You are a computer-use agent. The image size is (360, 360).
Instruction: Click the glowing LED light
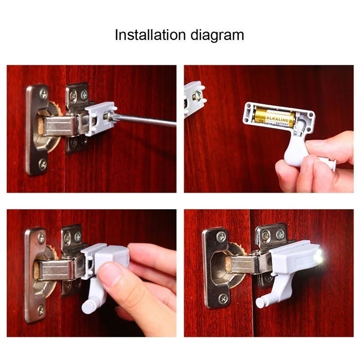pyautogui.click(x=319, y=257)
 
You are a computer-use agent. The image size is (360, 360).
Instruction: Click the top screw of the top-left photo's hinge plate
pyautogui.click(x=43, y=94)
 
